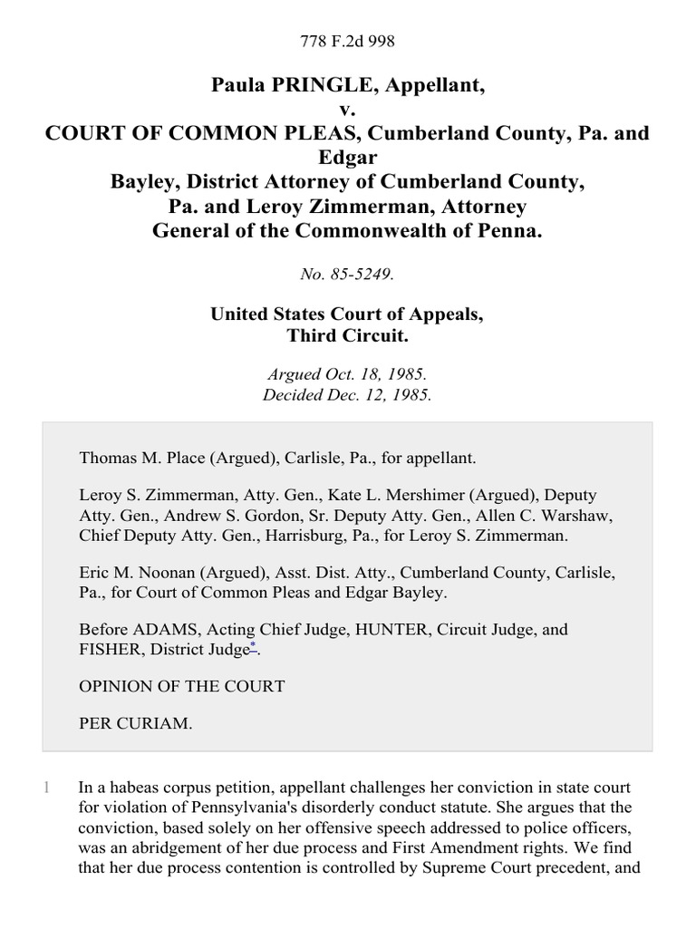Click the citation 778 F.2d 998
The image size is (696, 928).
point(348,42)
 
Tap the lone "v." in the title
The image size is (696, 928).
point(348,110)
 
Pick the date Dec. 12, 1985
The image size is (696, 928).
point(380,394)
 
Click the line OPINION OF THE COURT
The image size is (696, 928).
point(182,686)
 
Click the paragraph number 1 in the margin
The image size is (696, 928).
point(47,788)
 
